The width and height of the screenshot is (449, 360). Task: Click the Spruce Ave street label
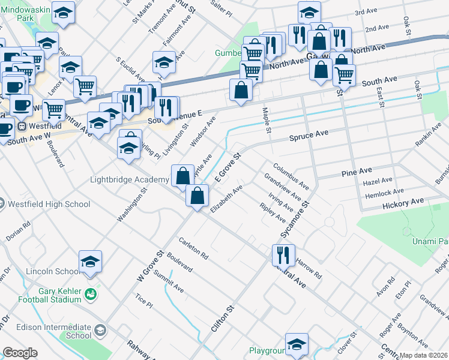click(309, 137)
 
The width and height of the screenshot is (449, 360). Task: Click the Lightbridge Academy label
click(129, 180)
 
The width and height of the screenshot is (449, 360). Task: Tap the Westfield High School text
click(49, 204)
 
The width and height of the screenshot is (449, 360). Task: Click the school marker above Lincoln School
click(90, 262)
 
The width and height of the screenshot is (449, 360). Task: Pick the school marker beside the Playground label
click(297, 344)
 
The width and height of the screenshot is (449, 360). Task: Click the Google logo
click(20, 353)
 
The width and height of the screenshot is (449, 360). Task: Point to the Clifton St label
click(221, 319)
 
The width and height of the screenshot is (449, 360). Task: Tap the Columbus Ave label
click(291, 176)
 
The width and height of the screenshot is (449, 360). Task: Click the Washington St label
click(132, 206)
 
